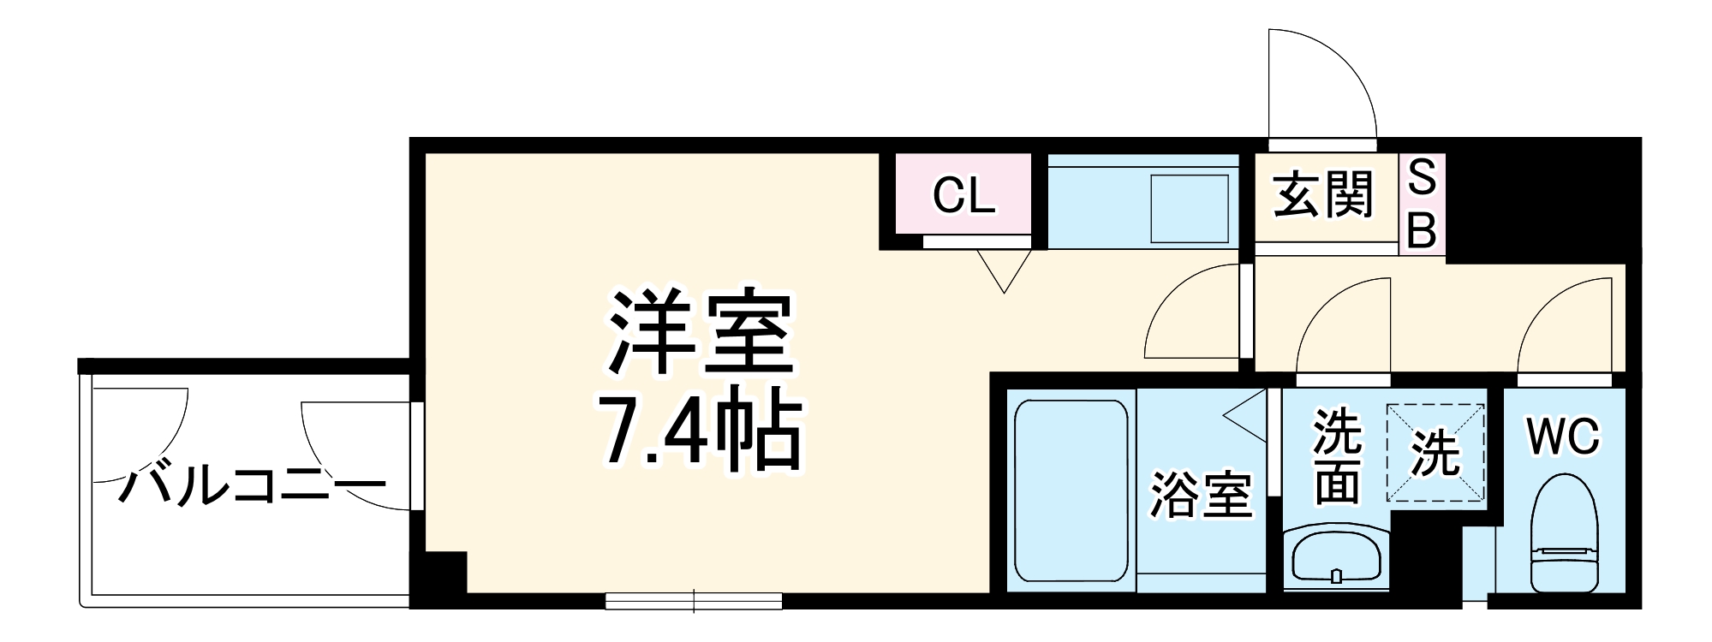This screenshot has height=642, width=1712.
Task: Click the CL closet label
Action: tap(963, 196)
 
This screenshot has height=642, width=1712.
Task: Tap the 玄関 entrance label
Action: tap(1323, 196)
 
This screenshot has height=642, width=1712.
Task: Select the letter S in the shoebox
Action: tap(1423, 177)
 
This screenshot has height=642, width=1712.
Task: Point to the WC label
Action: tap(1563, 437)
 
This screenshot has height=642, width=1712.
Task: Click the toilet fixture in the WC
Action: tap(1564, 535)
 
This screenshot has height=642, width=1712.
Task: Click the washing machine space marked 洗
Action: tap(1436, 453)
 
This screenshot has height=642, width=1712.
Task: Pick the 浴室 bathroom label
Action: tap(1201, 495)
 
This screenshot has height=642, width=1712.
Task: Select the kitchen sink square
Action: tap(1189, 208)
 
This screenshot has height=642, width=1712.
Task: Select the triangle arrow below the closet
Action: tap(1004, 270)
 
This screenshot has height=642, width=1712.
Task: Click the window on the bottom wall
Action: tap(694, 601)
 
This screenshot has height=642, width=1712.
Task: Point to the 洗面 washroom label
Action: tap(1337, 457)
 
